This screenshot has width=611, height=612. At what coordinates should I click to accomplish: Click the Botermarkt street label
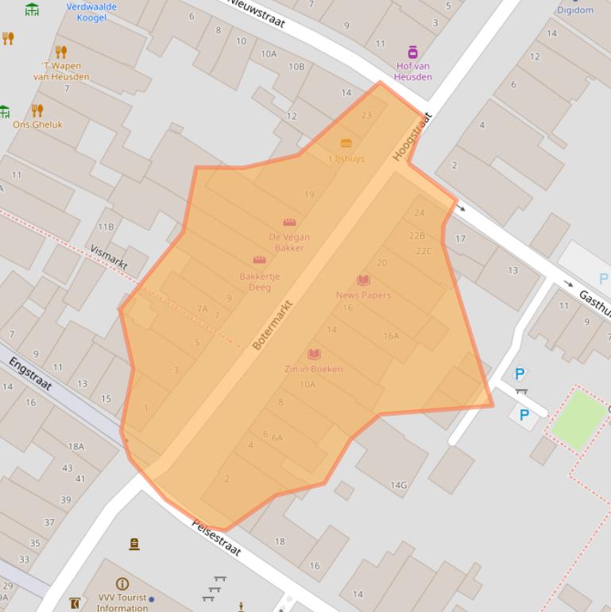[x=273, y=325]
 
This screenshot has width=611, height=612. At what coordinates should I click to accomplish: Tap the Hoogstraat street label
[x=412, y=137]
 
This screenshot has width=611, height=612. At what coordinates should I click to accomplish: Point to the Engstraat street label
[x=30, y=374]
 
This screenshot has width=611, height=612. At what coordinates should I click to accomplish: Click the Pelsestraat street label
[x=216, y=538]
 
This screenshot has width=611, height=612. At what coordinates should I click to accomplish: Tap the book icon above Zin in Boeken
[x=314, y=354]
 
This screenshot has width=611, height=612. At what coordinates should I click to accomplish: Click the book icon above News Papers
[x=363, y=281]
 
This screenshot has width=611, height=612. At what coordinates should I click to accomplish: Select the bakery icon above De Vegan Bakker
[x=289, y=223]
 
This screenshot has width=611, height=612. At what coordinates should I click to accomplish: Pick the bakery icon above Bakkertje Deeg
[x=259, y=261]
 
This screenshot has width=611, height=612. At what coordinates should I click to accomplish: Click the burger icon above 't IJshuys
[x=346, y=144]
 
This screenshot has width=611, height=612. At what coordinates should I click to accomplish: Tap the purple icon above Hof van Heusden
[x=413, y=52]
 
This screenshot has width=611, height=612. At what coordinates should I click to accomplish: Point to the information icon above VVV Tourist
[x=122, y=583]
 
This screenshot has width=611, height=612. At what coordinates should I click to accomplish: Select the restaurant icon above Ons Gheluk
[x=37, y=110]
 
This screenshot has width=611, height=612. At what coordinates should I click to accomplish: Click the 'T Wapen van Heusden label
[x=61, y=72]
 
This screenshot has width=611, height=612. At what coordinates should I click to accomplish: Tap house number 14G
[x=398, y=485]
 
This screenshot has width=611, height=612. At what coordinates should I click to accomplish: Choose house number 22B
[x=417, y=236]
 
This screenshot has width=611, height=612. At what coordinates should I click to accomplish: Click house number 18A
[x=76, y=447]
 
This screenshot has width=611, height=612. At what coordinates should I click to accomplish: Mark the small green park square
[x=578, y=419]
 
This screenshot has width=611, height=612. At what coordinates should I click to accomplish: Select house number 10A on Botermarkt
[x=307, y=385]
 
